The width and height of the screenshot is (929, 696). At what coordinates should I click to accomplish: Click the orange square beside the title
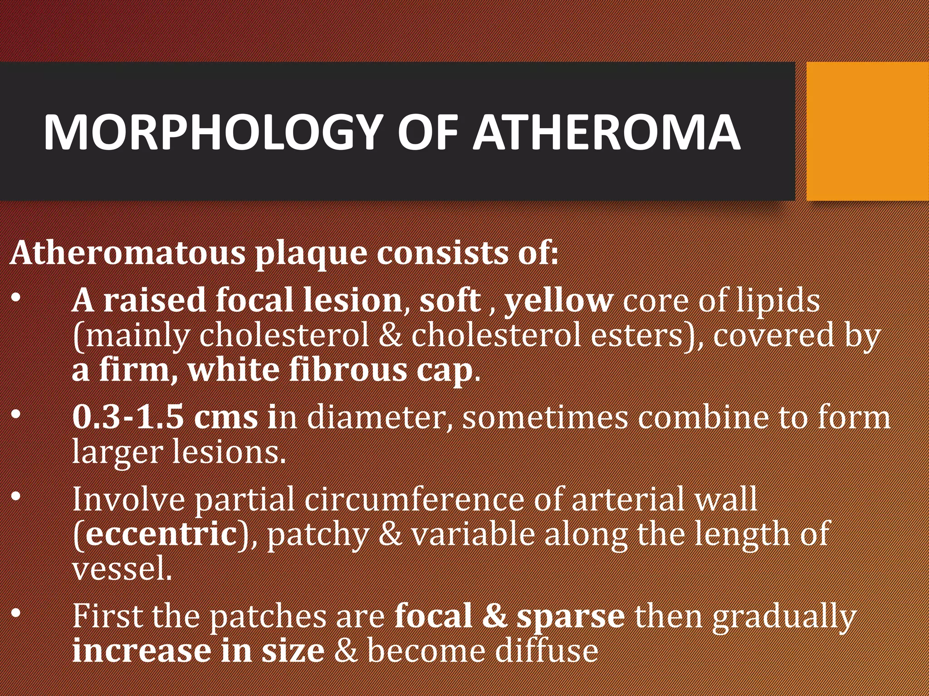coord(867,131)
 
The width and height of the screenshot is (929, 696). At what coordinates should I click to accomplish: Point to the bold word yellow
coord(559,300)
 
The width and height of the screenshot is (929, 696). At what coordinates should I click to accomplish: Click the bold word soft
coord(450,300)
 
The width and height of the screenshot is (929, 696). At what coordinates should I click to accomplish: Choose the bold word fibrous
coord(348,370)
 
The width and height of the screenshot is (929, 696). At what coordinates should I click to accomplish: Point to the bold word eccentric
coord(161,534)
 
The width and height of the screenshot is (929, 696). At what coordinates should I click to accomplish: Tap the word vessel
coord(122,569)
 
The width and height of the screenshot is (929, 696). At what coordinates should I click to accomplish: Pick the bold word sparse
coord(571,617)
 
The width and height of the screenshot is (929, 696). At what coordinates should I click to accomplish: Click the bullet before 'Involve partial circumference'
coord(16,497)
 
